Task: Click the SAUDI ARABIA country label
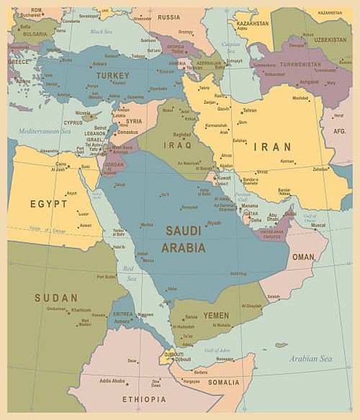click(x=185, y=239)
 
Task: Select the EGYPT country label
click(x=49, y=204)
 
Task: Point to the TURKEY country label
click(x=112, y=76)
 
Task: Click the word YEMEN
click(x=216, y=316)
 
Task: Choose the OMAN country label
click(x=303, y=257)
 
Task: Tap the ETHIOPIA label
click(x=143, y=398)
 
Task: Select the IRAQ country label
click(x=178, y=145)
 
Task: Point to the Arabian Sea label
click(x=310, y=358)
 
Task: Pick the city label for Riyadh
click(x=215, y=223)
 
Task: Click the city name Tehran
click(x=249, y=110)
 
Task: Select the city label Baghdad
click(x=182, y=134)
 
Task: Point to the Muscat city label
click(x=318, y=225)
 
